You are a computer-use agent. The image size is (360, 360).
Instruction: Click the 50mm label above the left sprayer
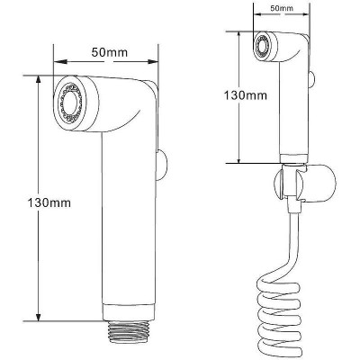[x=110, y=52]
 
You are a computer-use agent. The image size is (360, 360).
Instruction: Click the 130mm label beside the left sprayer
[x=49, y=202]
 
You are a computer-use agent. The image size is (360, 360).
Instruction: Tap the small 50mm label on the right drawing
[x=282, y=8]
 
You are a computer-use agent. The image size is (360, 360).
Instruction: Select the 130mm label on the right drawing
[x=246, y=95]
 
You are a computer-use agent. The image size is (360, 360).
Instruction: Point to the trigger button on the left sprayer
[x=161, y=166]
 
